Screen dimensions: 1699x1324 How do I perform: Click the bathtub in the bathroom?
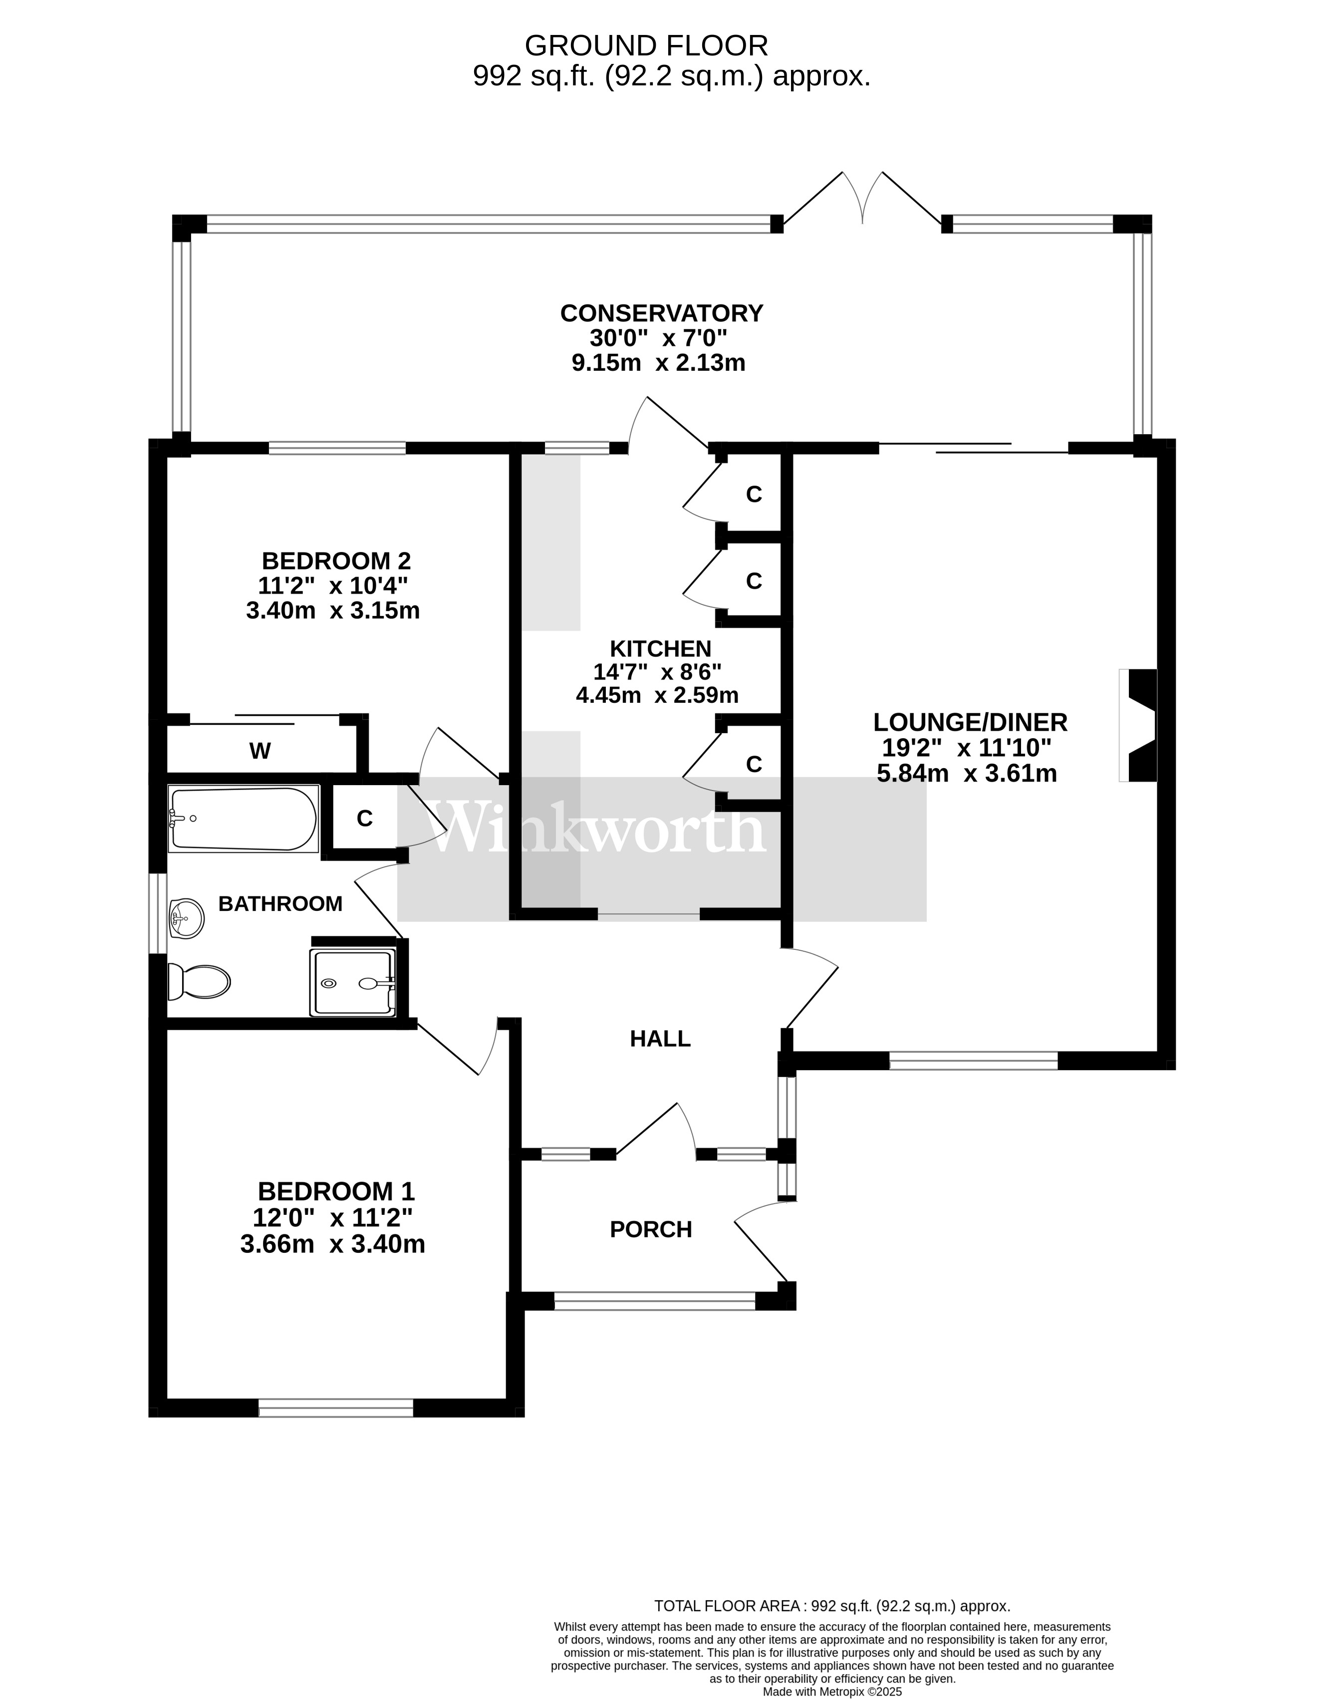(243, 819)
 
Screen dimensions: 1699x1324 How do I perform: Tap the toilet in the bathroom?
(200, 982)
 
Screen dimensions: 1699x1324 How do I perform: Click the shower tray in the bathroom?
(352, 983)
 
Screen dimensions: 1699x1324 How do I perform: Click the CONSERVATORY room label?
(661, 313)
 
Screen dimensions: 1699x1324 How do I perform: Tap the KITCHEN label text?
(660, 648)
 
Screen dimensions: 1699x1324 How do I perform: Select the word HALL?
(660, 1039)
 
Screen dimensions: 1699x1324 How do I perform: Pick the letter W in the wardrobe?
(260, 751)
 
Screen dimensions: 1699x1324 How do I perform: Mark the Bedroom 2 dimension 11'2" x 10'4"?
(333, 585)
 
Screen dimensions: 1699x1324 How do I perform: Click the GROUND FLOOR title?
(646, 46)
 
